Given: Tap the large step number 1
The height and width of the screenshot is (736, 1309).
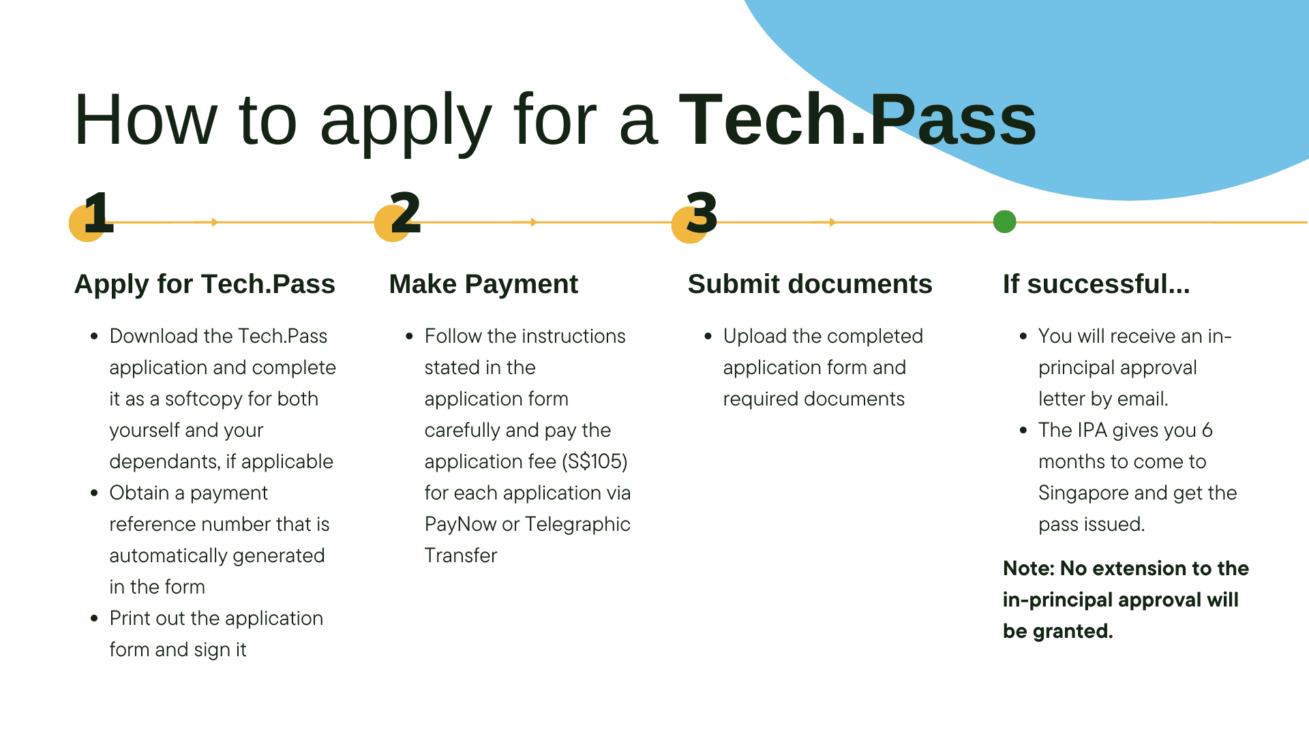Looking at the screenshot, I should [99, 213].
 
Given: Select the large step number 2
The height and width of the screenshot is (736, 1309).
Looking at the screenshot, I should [406, 213].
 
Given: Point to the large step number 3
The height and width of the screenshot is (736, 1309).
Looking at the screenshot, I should [702, 213].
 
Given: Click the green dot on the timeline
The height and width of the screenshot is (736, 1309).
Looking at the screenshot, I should [1004, 221].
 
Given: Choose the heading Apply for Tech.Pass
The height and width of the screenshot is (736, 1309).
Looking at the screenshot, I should [205, 284].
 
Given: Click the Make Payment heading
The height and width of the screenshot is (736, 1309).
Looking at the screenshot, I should [483, 284].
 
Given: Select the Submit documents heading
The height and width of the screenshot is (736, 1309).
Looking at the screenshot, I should [810, 284].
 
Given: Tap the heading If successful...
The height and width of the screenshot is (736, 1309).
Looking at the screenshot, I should [1096, 284].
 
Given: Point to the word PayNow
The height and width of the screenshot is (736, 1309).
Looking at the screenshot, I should [460, 524].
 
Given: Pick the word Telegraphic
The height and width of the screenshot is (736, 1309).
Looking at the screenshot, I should [578, 524].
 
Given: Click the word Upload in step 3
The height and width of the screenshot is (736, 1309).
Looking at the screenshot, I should [755, 336].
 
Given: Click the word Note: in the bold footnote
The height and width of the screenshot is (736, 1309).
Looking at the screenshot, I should [1029, 568].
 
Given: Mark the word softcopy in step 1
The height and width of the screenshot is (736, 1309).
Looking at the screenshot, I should [203, 399].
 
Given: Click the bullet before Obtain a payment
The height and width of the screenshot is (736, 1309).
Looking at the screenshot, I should [94, 493].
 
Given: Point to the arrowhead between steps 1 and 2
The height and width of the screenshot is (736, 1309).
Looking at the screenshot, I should [214, 222].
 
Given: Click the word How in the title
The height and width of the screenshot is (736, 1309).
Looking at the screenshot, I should [145, 121].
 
